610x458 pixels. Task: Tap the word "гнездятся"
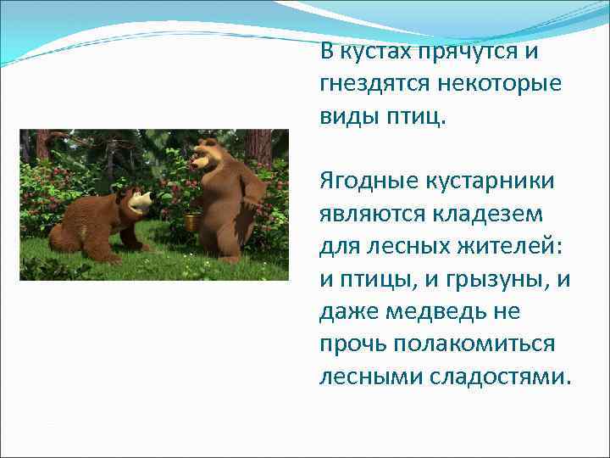click(x=374, y=84)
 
